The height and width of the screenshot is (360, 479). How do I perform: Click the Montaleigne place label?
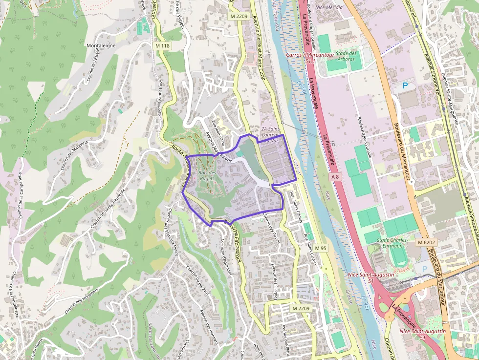point(101,45)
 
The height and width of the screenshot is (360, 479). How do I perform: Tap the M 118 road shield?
point(163,46)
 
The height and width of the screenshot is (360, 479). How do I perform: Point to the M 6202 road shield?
point(427,243)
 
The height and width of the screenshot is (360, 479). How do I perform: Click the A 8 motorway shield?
point(334,176)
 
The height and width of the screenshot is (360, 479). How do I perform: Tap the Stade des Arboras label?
point(347,56)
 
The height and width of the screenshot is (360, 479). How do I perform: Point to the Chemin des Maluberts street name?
point(73,155)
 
